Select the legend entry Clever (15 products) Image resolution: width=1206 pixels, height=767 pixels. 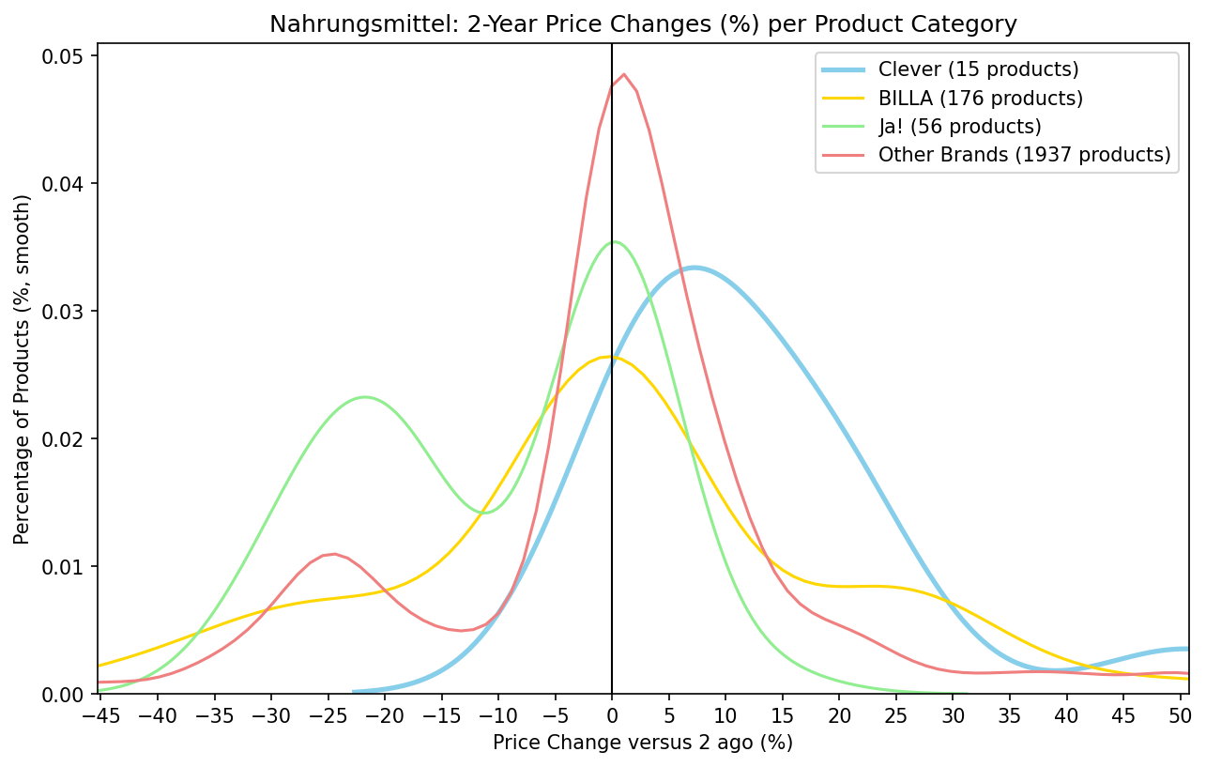(978, 69)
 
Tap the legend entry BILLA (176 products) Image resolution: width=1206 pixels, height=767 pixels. (980, 98)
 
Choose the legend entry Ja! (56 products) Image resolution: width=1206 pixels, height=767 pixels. (959, 126)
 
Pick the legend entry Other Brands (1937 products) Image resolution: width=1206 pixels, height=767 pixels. (1024, 155)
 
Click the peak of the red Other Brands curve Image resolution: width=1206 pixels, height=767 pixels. (623, 74)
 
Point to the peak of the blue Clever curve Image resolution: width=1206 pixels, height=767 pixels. (693, 268)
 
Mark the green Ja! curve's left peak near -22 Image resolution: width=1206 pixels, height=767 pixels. (364, 397)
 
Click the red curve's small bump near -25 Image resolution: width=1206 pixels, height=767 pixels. (334, 554)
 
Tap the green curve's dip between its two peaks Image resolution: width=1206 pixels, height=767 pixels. (484, 513)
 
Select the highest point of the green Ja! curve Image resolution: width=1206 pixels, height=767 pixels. (615, 241)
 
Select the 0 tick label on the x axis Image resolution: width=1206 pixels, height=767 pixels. (612, 715)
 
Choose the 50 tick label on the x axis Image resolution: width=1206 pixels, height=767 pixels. (1181, 715)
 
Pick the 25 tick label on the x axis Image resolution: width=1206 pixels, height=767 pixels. (896, 715)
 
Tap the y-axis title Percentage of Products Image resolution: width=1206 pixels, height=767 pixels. (23, 369)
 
